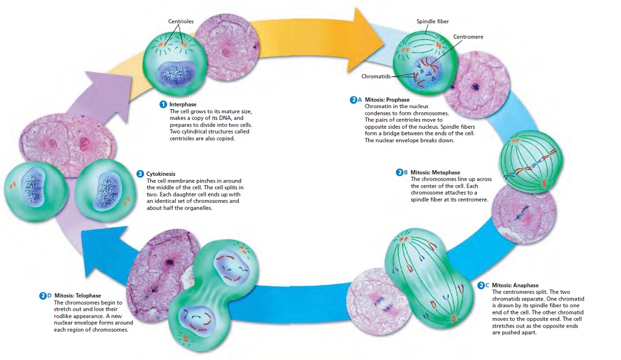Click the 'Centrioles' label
tap(181, 21)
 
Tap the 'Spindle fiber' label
tap(433, 21)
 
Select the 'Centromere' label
tap(468, 37)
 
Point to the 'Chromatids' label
tap(376, 76)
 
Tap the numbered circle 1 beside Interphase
tap(163, 104)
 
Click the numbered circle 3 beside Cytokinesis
tap(140, 174)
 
